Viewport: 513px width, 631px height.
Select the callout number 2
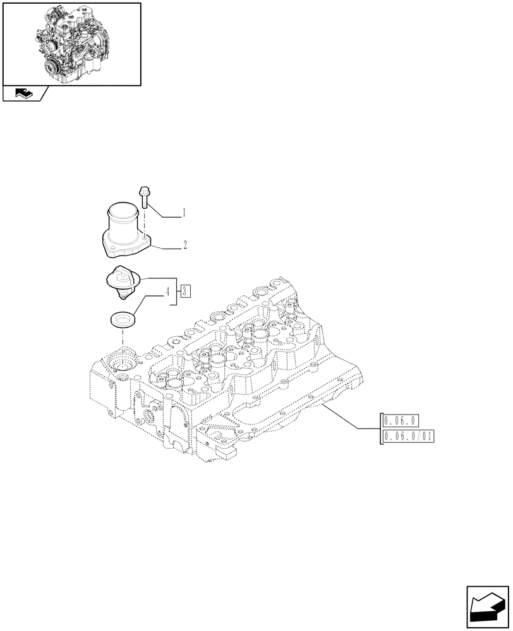[184, 244]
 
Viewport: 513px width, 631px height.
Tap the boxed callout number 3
[184, 291]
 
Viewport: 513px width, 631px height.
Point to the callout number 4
[167, 292]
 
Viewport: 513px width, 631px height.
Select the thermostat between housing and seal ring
[122, 281]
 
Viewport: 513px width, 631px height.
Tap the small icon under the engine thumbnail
[23, 94]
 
